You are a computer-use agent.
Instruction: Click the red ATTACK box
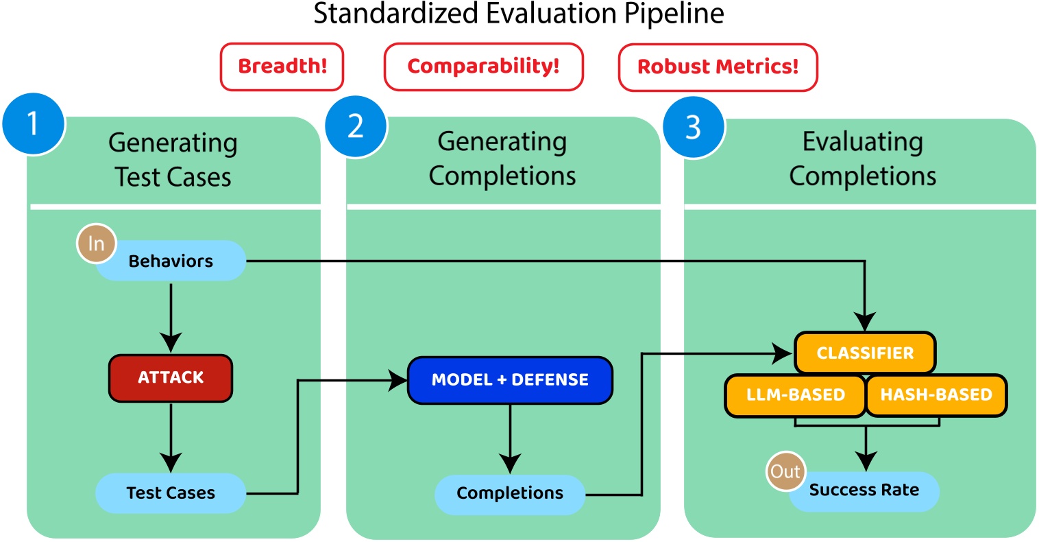(x=171, y=378)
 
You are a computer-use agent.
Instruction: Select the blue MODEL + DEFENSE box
(x=510, y=380)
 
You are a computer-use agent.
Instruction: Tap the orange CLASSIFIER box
(x=865, y=353)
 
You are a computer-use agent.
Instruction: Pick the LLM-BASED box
(x=795, y=395)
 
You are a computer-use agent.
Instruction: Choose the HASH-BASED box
(x=936, y=395)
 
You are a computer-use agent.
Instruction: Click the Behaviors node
(x=171, y=261)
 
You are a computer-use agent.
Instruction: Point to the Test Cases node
(x=171, y=493)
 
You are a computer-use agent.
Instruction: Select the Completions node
(x=510, y=493)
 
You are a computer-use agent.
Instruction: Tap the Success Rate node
(x=864, y=491)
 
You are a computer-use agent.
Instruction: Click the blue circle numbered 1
(x=33, y=124)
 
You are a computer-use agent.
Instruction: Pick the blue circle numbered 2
(x=356, y=126)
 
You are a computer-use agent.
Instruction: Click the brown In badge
(x=96, y=244)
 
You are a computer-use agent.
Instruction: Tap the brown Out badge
(x=785, y=471)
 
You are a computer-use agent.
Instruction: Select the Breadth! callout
(x=282, y=67)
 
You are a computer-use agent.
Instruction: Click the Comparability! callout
(x=483, y=67)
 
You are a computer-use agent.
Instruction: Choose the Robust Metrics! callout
(x=718, y=67)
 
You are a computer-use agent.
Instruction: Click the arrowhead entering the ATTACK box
(x=171, y=342)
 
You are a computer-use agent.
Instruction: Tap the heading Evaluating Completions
(x=862, y=159)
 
